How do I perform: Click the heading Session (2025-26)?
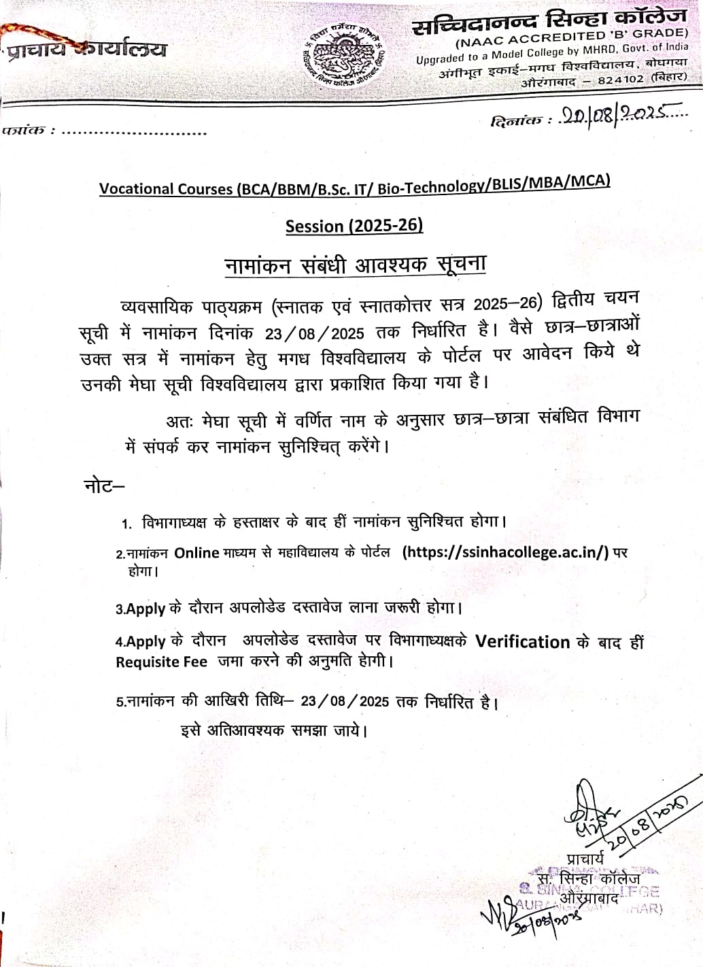coord(354,226)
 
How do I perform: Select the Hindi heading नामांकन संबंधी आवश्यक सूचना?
coord(355,265)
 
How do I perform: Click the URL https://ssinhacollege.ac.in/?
coord(506,552)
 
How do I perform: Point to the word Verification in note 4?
coord(522,642)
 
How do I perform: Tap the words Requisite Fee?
coord(161,662)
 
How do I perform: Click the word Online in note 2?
coord(196,553)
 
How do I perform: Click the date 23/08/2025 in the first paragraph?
coord(315,333)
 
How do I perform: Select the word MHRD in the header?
coord(598,50)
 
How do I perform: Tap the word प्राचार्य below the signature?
coord(584,860)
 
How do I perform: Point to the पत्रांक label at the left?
coord(24,130)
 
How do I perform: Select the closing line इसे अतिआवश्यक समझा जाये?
coord(274,731)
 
